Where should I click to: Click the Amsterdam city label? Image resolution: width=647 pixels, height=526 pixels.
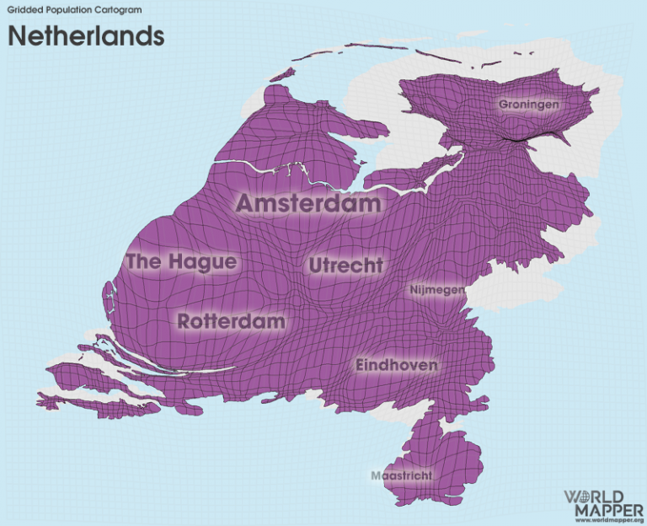(x=307, y=203)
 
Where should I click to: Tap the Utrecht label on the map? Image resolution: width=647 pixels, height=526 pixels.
(x=345, y=266)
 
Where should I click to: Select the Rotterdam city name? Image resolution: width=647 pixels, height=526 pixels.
(x=232, y=321)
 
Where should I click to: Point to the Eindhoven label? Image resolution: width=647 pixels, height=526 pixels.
(x=396, y=365)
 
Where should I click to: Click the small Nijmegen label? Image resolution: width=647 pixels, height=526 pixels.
(x=436, y=290)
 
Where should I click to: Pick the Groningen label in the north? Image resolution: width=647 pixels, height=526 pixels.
(x=529, y=105)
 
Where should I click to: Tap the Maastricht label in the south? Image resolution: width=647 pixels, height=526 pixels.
(x=402, y=475)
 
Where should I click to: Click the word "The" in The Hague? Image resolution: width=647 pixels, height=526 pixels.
(x=143, y=262)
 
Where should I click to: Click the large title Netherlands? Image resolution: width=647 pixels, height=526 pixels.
(x=86, y=36)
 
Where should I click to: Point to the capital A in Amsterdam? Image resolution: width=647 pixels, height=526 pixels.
(x=246, y=203)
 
